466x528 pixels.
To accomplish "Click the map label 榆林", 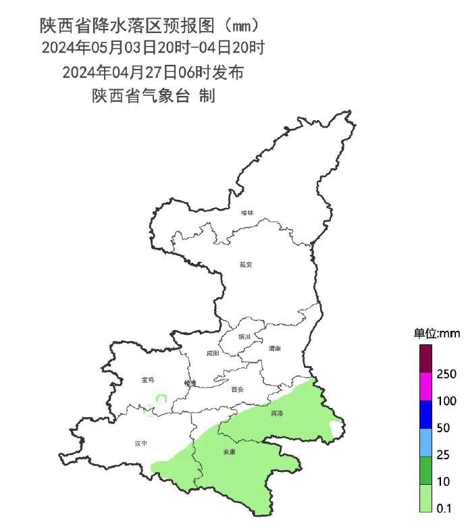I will click(248, 213).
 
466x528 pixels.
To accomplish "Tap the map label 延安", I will click(245, 265).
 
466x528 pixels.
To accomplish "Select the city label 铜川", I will click(244, 336).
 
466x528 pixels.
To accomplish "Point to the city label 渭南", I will click(274, 348).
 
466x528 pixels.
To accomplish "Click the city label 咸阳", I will click(213, 352).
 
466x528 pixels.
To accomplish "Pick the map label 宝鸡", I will click(148, 380).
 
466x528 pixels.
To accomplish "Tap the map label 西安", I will click(236, 389).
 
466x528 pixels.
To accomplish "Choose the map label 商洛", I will click(277, 413).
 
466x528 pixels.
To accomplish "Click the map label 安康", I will click(230, 452).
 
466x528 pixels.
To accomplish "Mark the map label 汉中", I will click(140, 444).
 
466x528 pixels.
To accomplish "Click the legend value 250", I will click(447, 373).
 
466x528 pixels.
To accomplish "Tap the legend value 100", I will click(447, 401).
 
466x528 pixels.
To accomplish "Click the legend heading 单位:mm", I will click(436, 334).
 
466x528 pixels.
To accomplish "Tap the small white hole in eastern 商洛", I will click(334, 427).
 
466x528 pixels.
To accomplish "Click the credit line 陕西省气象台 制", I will click(153, 96).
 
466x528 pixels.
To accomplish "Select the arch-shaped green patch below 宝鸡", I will click(161, 398).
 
